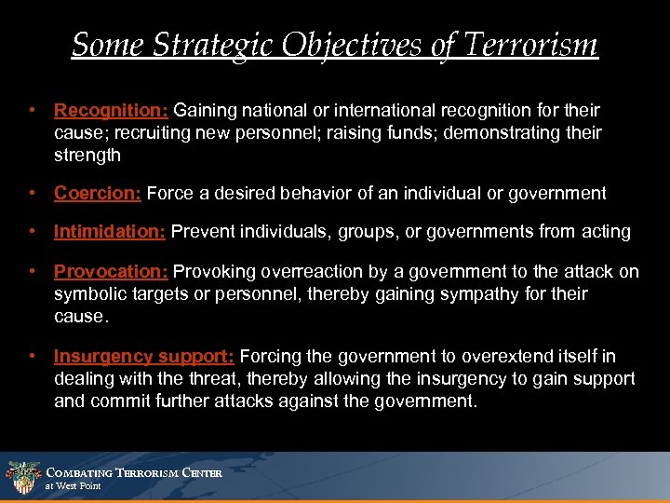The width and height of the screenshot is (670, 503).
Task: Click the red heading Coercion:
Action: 98,194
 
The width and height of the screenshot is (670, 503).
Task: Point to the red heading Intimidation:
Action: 110,231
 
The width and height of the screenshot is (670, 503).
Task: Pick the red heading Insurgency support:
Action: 144,357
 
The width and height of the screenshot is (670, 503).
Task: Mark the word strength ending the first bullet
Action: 87,155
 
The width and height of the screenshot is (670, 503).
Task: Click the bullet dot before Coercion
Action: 33,194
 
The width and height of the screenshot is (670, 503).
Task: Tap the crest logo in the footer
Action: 22,478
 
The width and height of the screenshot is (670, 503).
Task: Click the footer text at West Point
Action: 74,486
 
